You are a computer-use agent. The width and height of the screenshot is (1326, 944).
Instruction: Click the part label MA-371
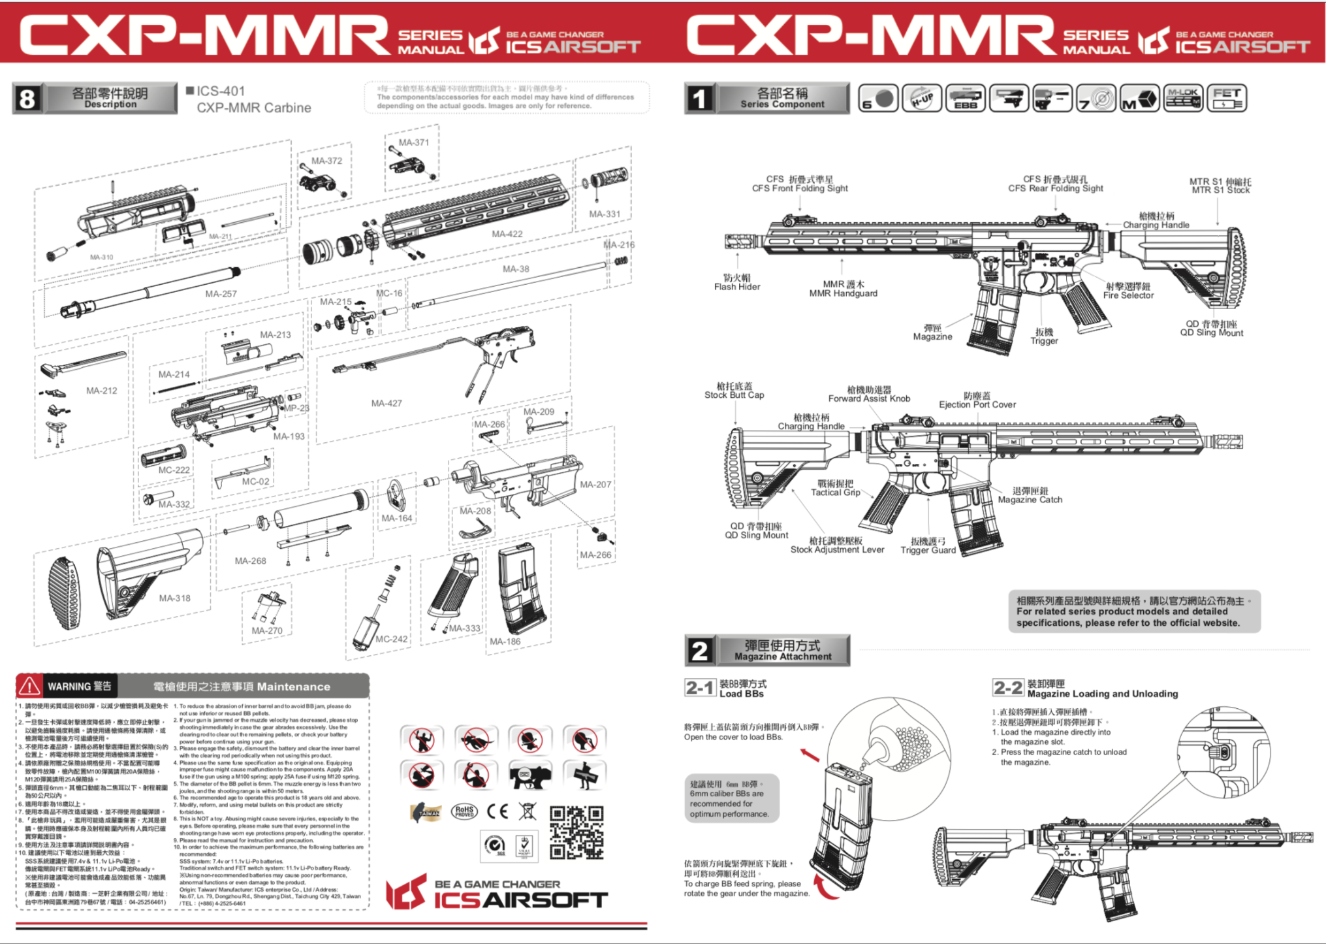point(413,142)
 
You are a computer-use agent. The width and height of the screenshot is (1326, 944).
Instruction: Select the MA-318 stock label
point(174,598)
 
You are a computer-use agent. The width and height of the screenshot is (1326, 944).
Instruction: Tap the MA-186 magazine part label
point(505,642)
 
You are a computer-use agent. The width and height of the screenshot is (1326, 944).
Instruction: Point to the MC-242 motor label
point(391,639)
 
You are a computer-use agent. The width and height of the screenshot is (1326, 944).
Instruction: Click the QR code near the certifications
point(576,832)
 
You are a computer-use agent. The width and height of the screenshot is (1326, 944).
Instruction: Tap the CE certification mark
point(497,811)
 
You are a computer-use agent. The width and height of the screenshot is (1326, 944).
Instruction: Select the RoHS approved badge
point(464,811)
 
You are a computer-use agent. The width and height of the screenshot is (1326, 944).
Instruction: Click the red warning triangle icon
point(29,686)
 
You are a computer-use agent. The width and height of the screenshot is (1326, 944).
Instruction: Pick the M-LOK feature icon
point(1183,98)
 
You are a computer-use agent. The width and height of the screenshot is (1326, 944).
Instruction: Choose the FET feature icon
point(1226,98)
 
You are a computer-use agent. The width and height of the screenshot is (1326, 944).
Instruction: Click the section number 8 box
point(27,99)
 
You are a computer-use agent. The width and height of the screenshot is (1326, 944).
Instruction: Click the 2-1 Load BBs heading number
point(699,688)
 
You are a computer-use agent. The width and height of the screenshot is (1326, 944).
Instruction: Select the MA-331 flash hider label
point(605,214)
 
